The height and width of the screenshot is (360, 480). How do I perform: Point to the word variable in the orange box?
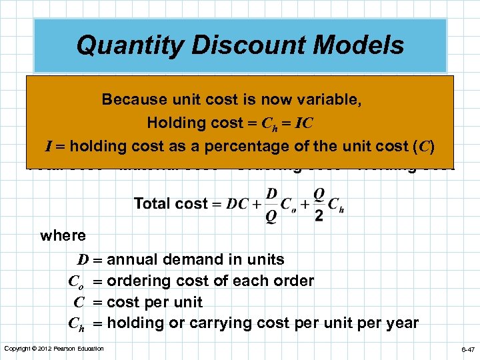[329, 100]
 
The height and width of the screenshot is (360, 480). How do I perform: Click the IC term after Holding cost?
[303, 123]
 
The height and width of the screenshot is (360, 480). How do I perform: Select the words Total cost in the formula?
[171, 204]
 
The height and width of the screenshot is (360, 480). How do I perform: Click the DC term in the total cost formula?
[237, 204]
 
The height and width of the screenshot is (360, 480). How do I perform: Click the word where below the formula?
[63, 235]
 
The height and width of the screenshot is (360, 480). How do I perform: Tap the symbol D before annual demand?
[82, 259]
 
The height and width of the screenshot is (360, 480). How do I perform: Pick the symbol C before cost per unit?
[79, 302]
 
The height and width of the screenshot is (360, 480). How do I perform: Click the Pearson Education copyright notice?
[54, 349]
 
